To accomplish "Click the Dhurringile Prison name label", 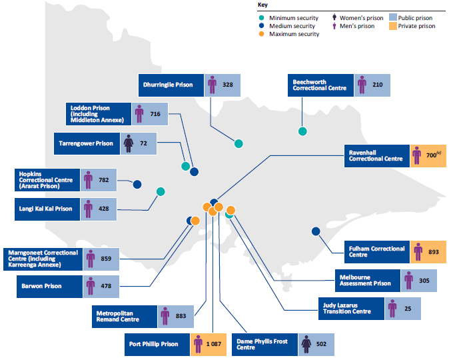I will click(170, 85).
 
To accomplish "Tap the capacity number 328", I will click(228, 85).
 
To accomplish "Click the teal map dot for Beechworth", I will click(302, 131).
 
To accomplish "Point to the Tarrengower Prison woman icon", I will click(128, 143).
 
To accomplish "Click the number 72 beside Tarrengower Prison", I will click(143, 143).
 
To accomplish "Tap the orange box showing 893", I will click(428, 252).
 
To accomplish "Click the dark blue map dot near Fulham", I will click(316, 231).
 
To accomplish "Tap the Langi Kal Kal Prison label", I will click(46, 209).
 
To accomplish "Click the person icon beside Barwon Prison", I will click(90, 287).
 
